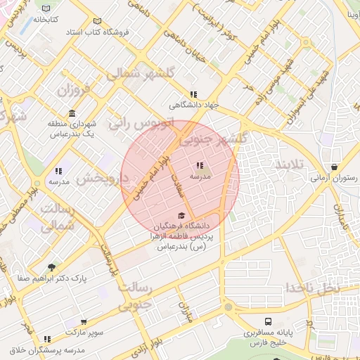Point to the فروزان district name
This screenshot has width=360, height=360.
[74, 90]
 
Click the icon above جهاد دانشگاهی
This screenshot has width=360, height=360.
[193, 95]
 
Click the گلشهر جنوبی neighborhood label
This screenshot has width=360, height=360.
[213, 139]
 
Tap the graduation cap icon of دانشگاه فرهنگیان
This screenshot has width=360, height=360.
[181, 216]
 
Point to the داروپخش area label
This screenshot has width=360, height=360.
[102, 179]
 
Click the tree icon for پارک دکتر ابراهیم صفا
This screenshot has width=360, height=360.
[51, 267]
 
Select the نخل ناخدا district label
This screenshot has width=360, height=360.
[312, 288]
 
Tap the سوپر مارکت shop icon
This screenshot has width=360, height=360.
[84, 321]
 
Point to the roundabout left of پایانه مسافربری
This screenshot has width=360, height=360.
[227, 307]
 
